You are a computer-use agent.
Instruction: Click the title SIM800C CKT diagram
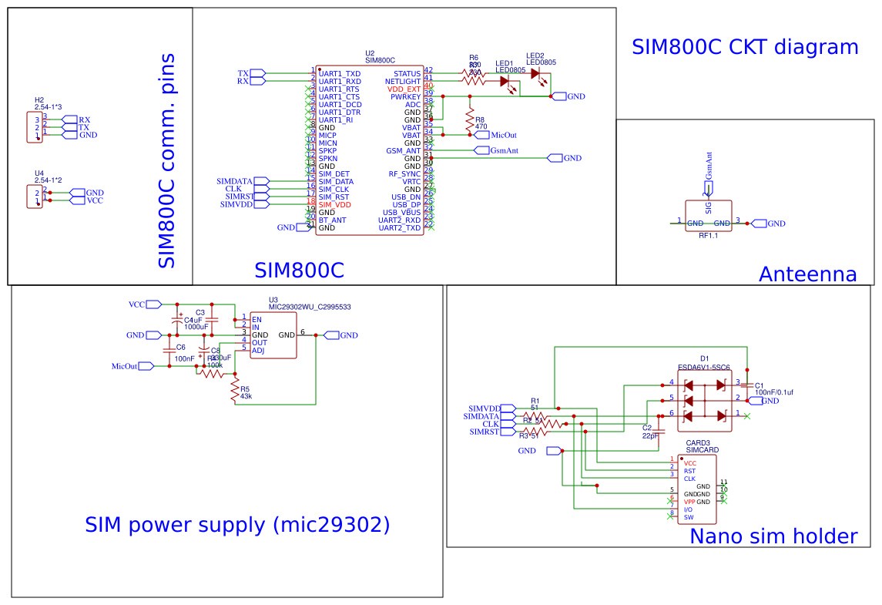point(744,47)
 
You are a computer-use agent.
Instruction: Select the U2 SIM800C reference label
point(380,57)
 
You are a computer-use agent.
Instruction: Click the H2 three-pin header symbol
point(35,127)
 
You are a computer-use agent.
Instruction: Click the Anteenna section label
point(807,274)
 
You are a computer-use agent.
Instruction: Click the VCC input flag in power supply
point(153,304)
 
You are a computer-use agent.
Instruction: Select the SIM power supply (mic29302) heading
point(237,526)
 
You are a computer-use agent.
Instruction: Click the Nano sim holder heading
point(773,536)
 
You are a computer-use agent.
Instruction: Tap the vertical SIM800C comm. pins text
point(166,160)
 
